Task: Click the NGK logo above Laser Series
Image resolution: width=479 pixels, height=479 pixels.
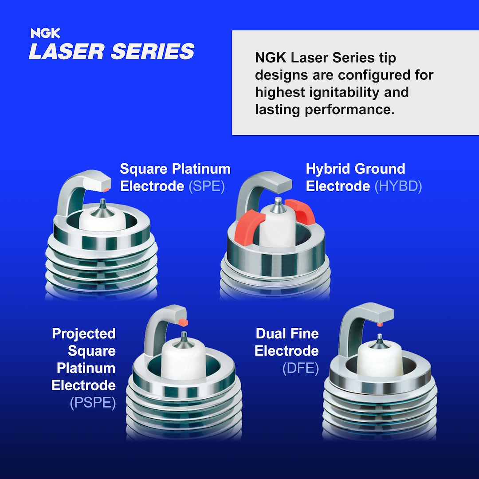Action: click(x=45, y=33)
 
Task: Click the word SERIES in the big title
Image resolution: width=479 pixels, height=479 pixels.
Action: click(x=153, y=51)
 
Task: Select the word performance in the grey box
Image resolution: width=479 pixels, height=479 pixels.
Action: click(x=349, y=110)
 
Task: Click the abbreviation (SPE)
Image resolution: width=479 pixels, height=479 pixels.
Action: click(x=207, y=186)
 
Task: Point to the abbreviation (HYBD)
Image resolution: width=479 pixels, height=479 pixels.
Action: click(x=398, y=186)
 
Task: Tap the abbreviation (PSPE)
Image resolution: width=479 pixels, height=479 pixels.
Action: click(x=93, y=403)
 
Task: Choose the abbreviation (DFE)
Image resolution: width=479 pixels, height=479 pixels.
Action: click(x=300, y=368)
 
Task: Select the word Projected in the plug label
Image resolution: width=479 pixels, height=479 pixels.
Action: click(x=84, y=334)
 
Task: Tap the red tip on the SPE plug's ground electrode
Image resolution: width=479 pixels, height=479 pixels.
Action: click(x=106, y=189)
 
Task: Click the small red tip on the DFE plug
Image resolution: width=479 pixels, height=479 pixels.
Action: click(x=380, y=325)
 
